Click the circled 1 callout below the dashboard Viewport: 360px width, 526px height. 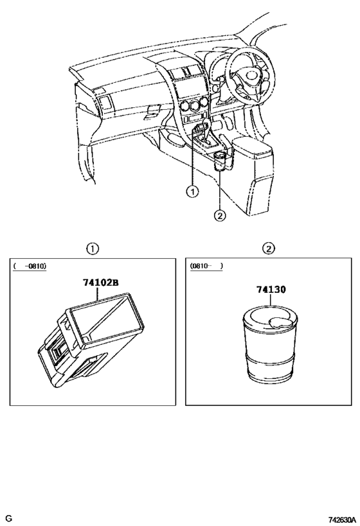(x=192, y=191)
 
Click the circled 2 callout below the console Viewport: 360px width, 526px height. (x=220, y=215)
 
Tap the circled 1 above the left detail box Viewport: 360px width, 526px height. (x=93, y=249)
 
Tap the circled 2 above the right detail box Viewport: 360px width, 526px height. (x=269, y=249)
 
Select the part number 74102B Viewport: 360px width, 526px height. (x=101, y=283)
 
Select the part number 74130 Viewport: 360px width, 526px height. (x=271, y=290)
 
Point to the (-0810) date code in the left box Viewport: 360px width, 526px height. (x=30, y=267)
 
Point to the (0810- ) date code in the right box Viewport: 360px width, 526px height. (x=206, y=266)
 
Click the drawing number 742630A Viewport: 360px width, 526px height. (x=341, y=520)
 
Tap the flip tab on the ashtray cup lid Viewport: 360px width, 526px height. (x=281, y=322)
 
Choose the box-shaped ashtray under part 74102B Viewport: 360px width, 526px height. (x=91, y=340)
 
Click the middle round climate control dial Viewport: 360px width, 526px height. (x=194, y=106)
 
